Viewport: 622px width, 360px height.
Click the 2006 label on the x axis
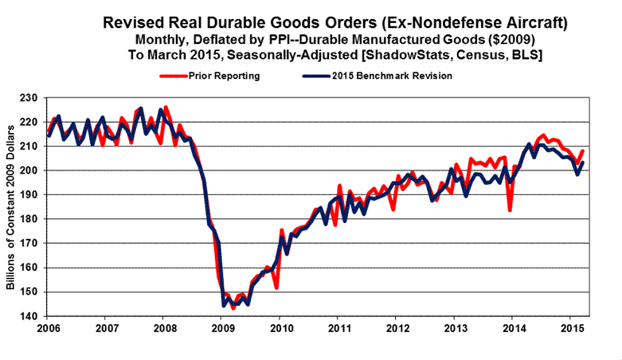pyautogui.click(x=49, y=328)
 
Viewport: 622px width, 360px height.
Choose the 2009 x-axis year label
pyautogui.click(x=223, y=328)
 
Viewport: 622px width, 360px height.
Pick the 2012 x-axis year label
pyautogui.click(x=397, y=328)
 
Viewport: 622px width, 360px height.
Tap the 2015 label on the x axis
pyautogui.click(x=571, y=328)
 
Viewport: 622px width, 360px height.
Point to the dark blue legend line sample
pyautogui.click(x=319, y=76)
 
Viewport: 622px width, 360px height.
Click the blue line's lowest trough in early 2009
pyautogui.click(x=224, y=305)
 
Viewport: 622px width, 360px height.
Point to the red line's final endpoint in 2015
pyautogui.click(x=583, y=151)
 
